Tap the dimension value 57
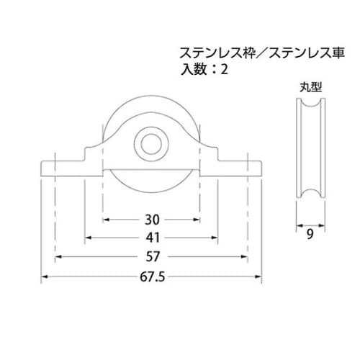pyautogui.click(x=151, y=256)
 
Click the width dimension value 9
pyautogui.click(x=309, y=234)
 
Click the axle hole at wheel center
pyautogui.click(x=150, y=143)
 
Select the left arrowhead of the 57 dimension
pyautogui.click(x=59, y=256)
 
